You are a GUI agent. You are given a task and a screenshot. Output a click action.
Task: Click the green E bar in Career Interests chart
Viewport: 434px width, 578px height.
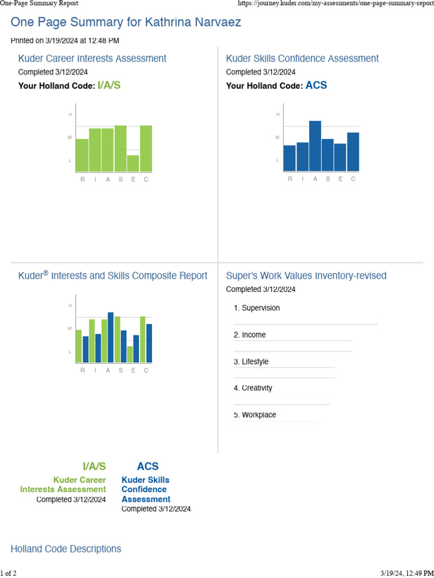pos(133,163)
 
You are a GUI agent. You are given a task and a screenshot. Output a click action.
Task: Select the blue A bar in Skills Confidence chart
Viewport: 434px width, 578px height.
pos(315,146)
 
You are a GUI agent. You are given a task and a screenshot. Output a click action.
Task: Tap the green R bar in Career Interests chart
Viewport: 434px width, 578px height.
pos(82,155)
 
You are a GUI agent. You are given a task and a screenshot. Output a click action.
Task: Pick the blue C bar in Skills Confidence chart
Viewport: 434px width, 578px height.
pos(353,151)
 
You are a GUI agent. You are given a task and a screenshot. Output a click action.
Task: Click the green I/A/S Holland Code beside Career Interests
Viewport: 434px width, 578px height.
pos(109,86)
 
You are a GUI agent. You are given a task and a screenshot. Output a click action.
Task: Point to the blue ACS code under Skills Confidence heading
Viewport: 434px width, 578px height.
pos(316,86)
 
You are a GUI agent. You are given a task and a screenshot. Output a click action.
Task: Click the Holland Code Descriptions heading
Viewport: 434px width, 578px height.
pos(66,549)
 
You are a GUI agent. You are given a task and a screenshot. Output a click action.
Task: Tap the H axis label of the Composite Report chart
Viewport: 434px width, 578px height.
pos(70,305)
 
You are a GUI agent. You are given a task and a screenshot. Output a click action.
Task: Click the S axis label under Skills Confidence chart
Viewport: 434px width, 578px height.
pos(328,179)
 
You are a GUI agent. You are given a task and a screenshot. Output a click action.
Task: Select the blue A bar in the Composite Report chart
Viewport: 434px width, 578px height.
pos(111,337)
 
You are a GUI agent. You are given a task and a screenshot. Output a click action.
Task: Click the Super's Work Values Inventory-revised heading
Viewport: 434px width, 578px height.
pos(306,275)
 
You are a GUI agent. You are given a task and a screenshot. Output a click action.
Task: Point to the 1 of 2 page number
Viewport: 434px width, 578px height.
pos(8,573)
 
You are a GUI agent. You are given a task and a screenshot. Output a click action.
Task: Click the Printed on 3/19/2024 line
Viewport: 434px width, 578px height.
pos(65,41)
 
